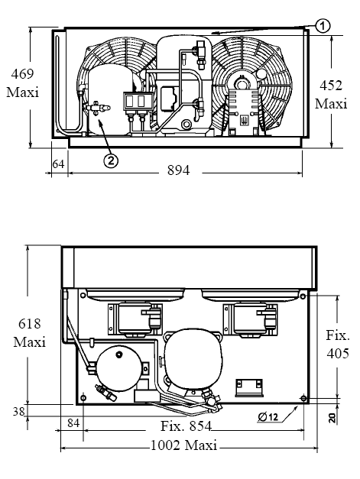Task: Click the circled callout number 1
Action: tap(323, 26)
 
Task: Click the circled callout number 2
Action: tap(111, 160)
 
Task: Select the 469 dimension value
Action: tap(23, 74)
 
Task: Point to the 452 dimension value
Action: tap(331, 86)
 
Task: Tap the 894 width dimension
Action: tap(179, 170)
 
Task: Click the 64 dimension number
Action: tap(58, 164)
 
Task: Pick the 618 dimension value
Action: tap(29, 324)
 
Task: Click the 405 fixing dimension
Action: tap(338, 354)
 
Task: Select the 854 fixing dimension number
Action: tap(199, 426)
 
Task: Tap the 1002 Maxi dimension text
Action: tap(184, 445)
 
